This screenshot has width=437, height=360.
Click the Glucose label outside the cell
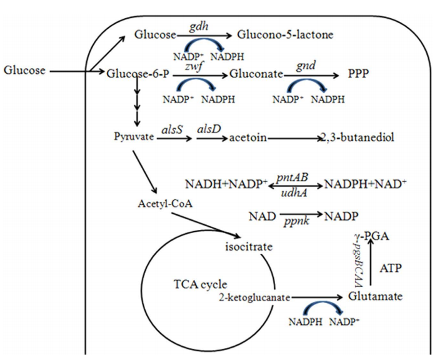pyautogui.click(x=24, y=70)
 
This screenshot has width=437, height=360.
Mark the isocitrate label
pyautogui.click(x=249, y=247)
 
